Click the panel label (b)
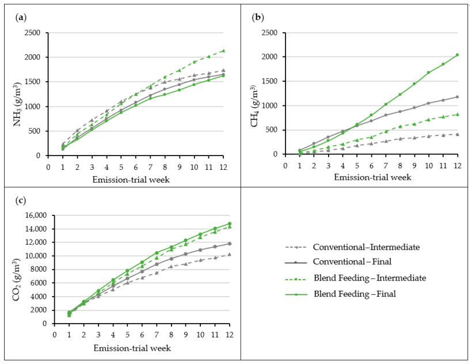258,17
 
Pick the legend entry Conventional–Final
351,262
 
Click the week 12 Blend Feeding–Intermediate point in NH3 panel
223,51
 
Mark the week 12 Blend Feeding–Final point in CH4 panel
457,55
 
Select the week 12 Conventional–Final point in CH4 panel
457,97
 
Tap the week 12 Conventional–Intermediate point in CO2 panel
230,254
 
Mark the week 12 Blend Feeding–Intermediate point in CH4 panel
457,114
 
